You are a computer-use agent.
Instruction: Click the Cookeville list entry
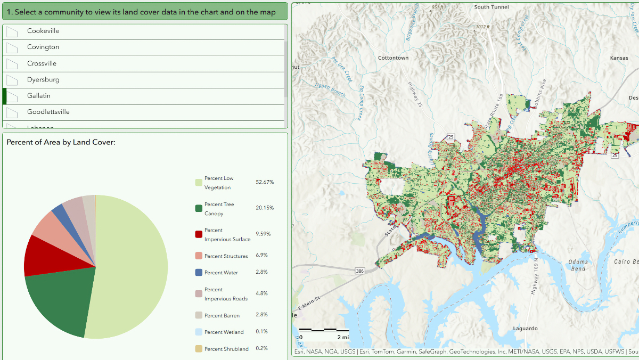pyautogui.click(x=43, y=31)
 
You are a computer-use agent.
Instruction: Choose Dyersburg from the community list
pyautogui.click(x=43, y=80)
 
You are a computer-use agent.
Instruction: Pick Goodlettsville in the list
pyautogui.click(x=48, y=112)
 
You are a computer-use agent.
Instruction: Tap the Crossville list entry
pyautogui.click(x=42, y=63)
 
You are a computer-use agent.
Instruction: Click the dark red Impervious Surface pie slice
pyautogui.click(x=43, y=256)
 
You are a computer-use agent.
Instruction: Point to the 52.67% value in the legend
pyautogui.click(x=265, y=182)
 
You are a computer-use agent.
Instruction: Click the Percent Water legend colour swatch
pyautogui.click(x=199, y=273)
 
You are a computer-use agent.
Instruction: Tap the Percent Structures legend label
pyautogui.click(x=226, y=256)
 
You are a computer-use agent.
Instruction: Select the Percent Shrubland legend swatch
pyautogui.click(x=199, y=349)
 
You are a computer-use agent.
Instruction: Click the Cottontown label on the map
pyautogui.click(x=393, y=58)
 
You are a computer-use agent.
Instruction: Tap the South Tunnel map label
pyautogui.click(x=491, y=7)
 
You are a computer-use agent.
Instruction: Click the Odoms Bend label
pyautogui.click(x=578, y=265)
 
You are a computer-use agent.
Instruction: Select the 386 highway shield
pyautogui.click(x=361, y=271)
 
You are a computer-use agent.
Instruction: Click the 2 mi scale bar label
pyautogui.click(x=342, y=337)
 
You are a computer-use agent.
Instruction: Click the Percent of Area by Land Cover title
pyautogui.click(x=61, y=142)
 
